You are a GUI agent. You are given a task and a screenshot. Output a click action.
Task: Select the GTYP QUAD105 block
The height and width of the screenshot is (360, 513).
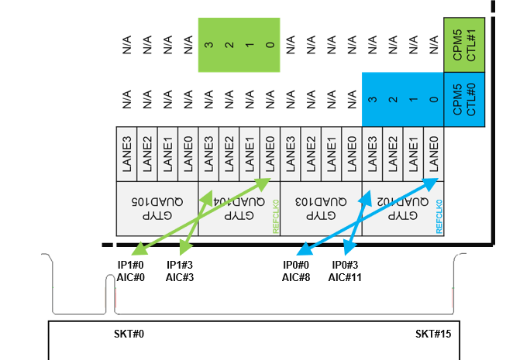pos(157,209)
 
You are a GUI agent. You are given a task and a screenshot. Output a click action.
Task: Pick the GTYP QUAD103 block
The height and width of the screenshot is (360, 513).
pos(321,209)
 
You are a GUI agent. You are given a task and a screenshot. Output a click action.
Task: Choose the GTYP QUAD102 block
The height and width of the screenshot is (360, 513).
pos(399,209)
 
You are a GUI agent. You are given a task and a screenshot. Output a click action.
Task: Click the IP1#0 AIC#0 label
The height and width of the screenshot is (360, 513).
pos(131,270)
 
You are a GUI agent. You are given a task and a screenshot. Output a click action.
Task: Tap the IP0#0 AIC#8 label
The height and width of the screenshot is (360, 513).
pos(296,270)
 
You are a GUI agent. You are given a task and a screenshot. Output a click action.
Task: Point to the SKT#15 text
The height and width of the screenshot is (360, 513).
pos(433,334)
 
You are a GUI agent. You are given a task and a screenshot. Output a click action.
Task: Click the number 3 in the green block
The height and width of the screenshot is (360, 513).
pos(208,45)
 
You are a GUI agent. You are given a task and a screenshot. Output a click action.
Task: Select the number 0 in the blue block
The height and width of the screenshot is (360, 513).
pos(433,101)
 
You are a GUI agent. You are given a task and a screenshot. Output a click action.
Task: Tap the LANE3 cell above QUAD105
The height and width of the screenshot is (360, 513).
pos(127,155)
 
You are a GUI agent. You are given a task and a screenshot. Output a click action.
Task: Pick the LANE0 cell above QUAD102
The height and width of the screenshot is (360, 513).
pos(433,155)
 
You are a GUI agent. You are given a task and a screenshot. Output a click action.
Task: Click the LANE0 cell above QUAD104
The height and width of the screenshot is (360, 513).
pos(270,155)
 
